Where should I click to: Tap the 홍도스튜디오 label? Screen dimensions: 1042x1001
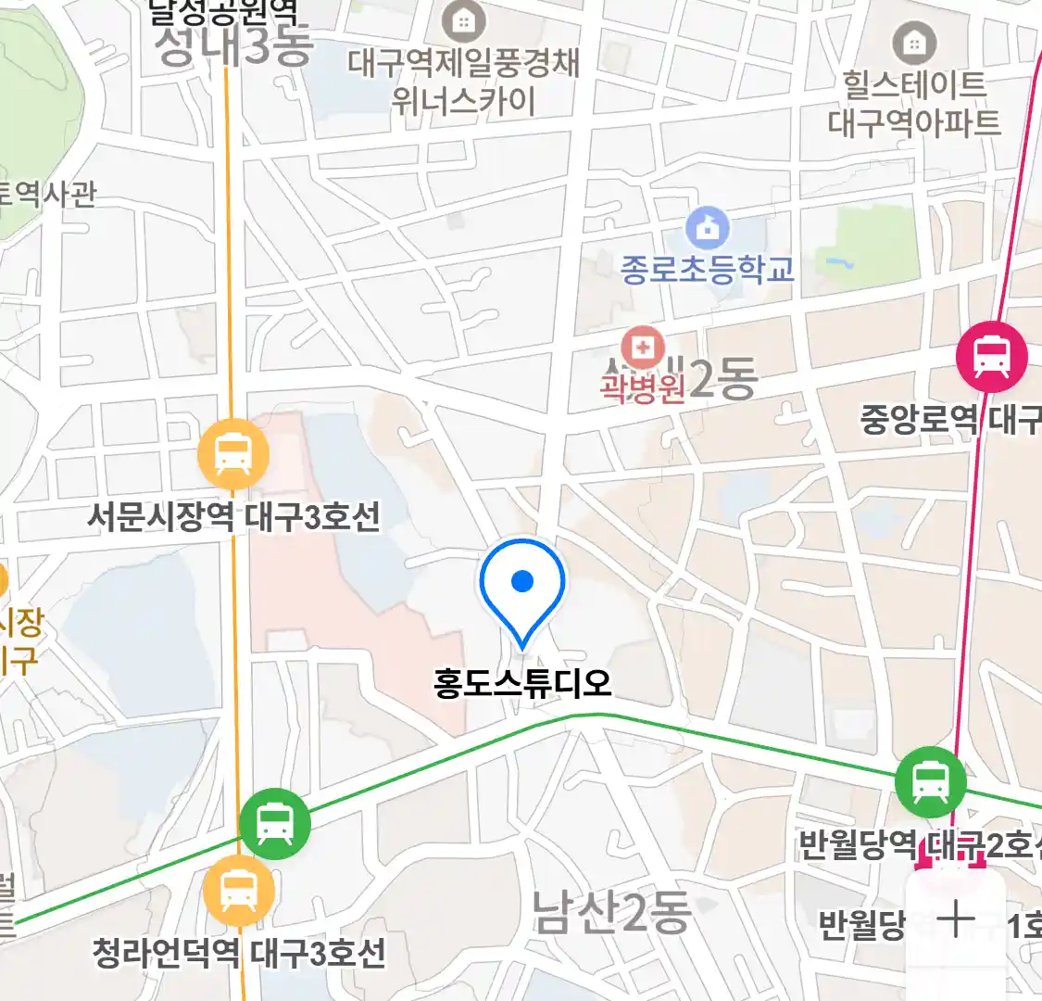coord(522,684)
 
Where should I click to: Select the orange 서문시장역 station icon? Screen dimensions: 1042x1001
coord(233,455)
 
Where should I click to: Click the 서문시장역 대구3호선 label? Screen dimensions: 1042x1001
coord(233,516)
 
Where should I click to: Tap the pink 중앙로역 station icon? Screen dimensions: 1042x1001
coord(992,356)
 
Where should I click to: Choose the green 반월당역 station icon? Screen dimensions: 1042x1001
coord(930,781)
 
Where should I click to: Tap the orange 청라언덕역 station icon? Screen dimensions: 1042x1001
coord(239,891)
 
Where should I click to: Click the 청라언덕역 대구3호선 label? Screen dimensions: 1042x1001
coord(239,953)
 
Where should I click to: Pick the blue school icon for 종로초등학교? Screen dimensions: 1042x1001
coord(708,227)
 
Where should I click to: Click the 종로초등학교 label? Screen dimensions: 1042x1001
coord(708,270)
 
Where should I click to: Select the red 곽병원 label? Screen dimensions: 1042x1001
coord(642,386)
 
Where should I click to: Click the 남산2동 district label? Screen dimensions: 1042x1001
coord(611,912)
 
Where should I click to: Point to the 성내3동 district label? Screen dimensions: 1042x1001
coord(233,46)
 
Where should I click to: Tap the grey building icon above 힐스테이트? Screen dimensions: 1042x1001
coord(914,42)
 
